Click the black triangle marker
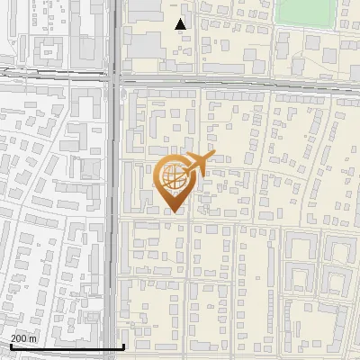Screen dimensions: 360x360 (181, 24)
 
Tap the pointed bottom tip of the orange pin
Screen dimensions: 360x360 (173, 212)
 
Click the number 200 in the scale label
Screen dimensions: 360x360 (18, 337)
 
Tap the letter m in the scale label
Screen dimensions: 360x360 (33, 337)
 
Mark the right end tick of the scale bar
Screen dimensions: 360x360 (123, 346)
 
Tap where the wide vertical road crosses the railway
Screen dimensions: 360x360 (118, 80)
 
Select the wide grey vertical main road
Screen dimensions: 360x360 (117, 225)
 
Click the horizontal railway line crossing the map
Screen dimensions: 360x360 (243, 82)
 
